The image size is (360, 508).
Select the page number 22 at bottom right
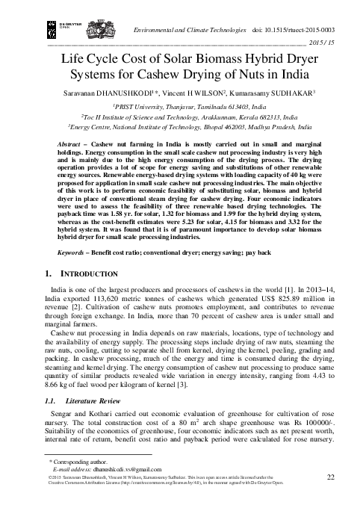click(x=330, y=477)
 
